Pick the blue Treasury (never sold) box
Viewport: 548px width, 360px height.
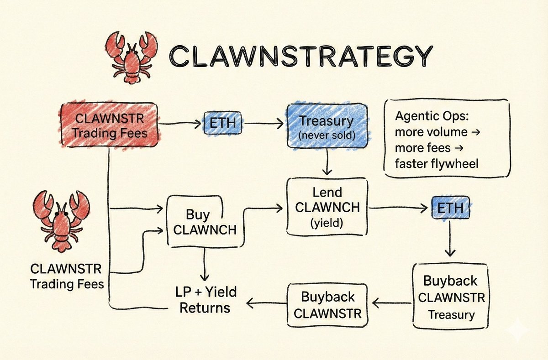(326, 126)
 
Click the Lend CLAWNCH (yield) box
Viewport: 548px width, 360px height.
(327, 207)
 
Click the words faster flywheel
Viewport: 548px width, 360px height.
(436, 163)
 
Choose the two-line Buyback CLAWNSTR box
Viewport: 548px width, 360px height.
(327, 305)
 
